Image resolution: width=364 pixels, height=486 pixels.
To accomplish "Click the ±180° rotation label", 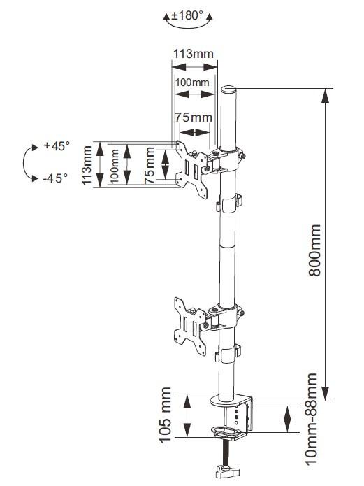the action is point(187,15).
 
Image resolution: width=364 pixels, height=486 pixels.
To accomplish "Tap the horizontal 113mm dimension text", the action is point(193,54).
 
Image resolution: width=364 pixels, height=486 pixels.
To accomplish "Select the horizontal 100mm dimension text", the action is point(192,83).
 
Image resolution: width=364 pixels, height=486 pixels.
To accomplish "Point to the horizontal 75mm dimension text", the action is point(194,117).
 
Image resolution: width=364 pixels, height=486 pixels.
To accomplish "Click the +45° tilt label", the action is point(57,145).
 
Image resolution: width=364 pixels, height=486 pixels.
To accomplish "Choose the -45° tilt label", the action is point(55,178).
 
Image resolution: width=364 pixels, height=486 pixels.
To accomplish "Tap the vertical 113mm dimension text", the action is point(87,164).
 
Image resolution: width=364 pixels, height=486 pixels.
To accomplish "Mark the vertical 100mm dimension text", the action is point(115,166).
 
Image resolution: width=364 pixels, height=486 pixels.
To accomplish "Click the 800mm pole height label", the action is point(314,250).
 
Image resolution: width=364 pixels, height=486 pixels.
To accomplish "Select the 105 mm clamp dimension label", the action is point(165,415).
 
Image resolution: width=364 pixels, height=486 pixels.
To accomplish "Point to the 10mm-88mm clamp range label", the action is point(312,419).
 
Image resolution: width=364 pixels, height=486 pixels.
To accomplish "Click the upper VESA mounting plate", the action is point(191,169).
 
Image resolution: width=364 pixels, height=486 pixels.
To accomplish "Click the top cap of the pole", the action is point(228,90).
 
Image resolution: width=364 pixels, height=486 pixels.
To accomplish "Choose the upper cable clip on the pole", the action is point(229,203).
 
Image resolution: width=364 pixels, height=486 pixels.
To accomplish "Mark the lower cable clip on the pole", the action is point(228,353).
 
